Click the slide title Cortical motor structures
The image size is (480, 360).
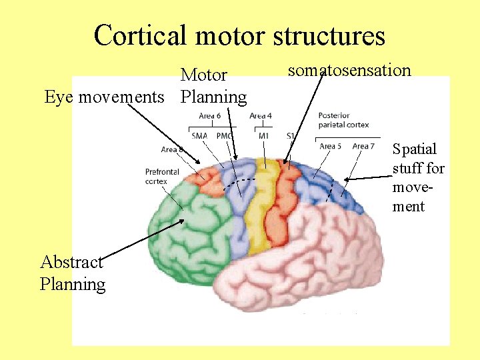[x=239, y=35]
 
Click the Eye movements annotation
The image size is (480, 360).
[x=104, y=97]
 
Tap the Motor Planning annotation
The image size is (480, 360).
[x=213, y=86]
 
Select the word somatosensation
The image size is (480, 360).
[x=349, y=70]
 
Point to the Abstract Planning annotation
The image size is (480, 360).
[x=72, y=273]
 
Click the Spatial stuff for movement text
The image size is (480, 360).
[x=418, y=177]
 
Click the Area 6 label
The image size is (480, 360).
[x=210, y=116]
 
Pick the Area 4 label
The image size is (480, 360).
[x=261, y=116]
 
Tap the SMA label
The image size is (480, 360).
[x=199, y=136]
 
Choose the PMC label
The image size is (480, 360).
[x=223, y=136]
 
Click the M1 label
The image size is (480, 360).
[x=263, y=136]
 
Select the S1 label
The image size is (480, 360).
[x=291, y=136]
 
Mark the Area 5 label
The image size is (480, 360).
[x=331, y=146]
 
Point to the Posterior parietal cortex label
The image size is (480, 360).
[x=343, y=120]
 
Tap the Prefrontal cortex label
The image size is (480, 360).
[x=161, y=176]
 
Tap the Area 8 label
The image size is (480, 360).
[x=173, y=150]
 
